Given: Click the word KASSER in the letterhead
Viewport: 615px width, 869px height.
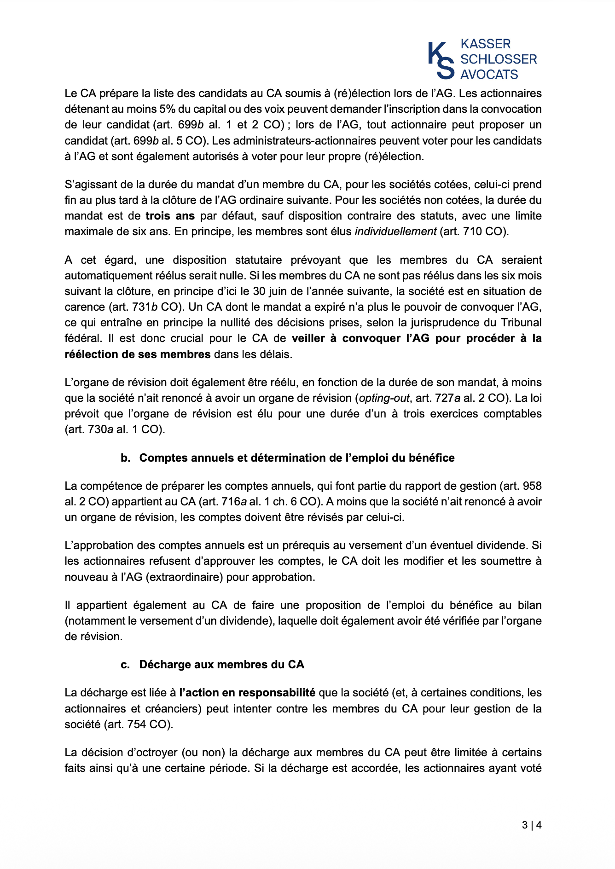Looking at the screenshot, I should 485,44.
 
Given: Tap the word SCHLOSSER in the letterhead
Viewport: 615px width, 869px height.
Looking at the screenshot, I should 499,59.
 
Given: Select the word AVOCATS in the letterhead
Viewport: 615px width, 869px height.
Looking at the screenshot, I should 489,75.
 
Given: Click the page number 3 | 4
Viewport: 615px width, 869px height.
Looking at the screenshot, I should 532,825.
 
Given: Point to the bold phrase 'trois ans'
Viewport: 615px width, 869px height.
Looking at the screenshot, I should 170,216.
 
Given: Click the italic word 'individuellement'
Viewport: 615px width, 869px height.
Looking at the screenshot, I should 395,232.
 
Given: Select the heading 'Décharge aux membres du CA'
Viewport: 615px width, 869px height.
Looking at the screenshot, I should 221,665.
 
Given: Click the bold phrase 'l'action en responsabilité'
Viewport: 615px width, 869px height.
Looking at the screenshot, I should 247,693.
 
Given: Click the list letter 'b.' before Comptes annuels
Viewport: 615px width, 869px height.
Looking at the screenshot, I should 126,458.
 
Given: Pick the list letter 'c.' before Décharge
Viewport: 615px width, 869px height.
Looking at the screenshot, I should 125,665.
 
